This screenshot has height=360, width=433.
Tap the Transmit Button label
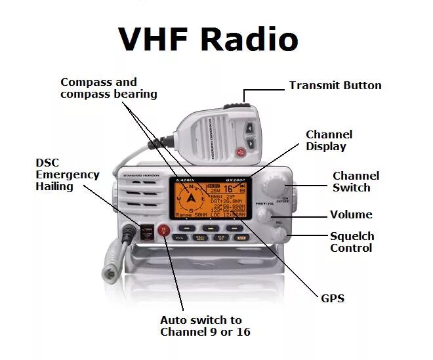coord(335,85)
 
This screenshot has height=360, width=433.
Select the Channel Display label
coord(329,140)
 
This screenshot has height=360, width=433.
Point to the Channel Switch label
coord(356,182)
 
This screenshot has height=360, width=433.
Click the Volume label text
coord(350,214)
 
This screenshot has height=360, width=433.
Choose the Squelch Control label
coord(352,242)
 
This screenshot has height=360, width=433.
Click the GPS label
coord(332,298)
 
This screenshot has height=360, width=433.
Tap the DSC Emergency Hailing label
coord(67,174)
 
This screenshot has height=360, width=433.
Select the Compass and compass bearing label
coord(108,88)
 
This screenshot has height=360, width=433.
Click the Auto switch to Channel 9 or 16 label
coord(201,326)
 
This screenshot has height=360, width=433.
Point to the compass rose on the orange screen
coord(191,196)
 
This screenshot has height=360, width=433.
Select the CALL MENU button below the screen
coord(201,237)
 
